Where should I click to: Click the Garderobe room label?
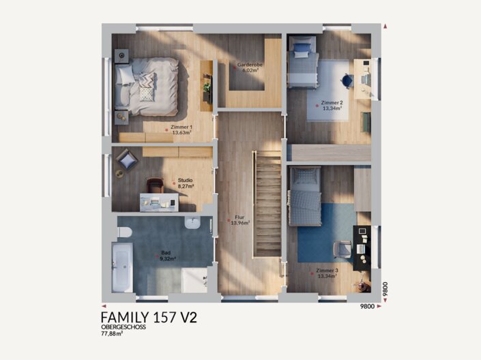(x=250, y=65)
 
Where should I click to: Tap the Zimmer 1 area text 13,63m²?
(x=182, y=133)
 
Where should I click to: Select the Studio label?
(x=186, y=180)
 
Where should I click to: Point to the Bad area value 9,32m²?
(x=168, y=258)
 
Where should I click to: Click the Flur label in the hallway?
(x=239, y=217)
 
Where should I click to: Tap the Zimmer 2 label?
(x=332, y=103)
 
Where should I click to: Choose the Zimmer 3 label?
(x=327, y=271)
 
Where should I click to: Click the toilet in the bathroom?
(x=125, y=232)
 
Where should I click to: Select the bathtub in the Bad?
(x=122, y=267)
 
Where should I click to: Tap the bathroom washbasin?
(x=192, y=223)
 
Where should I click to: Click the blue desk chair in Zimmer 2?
(x=347, y=81)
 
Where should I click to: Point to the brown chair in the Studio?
(x=155, y=185)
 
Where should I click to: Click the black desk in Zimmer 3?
(x=362, y=247)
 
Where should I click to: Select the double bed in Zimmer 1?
(x=147, y=87)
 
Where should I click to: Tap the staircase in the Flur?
(x=267, y=204)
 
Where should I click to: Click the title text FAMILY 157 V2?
(x=149, y=317)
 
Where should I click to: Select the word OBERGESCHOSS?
(x=123, y=327)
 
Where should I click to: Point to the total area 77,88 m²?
(x=112, y=333)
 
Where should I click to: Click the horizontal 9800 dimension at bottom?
(x=367, y=306)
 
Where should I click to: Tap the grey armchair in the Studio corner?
(x=127, y=160)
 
